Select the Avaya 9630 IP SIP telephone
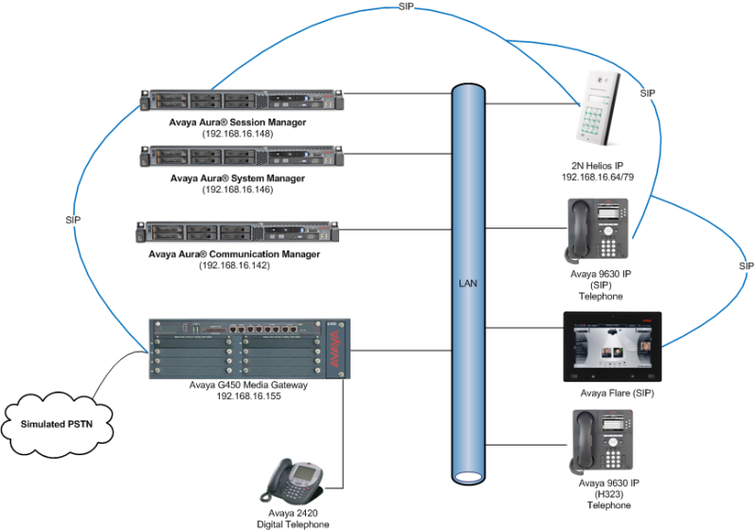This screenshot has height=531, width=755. [597, 230]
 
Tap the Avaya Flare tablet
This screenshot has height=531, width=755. [612, 346]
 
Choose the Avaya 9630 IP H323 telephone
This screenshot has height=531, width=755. [597, 441]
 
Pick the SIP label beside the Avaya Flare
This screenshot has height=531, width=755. [746, 266]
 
